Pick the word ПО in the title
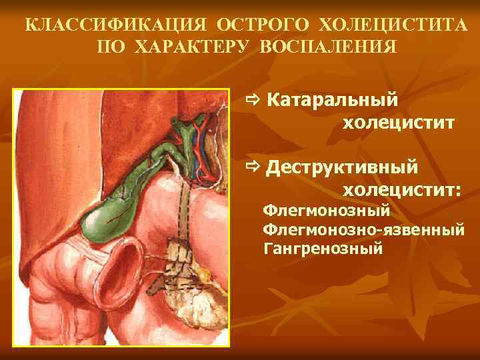(111, 48)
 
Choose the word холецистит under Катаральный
(399, 123)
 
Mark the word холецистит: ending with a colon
(401, 190)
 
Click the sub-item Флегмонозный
(326, 211)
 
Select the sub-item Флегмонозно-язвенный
(363, 231)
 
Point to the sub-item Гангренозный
(323, 250)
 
